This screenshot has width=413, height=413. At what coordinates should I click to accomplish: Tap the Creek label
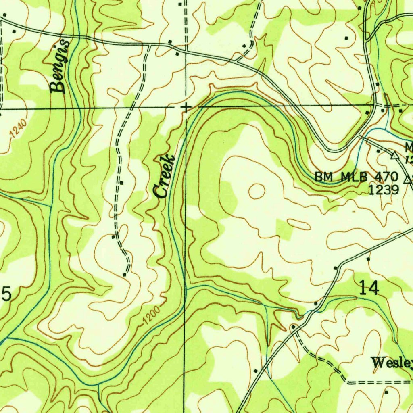click(165, 176)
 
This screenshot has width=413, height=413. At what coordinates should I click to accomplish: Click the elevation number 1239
click(384, 190)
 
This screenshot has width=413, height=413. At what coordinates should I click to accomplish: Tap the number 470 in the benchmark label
click(386, 177)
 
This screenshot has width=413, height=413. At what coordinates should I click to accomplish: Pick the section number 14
click(368, 288)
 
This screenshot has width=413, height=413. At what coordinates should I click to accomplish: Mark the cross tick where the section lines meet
click(186, 107)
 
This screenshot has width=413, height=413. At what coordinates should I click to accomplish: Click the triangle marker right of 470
click(408, 177)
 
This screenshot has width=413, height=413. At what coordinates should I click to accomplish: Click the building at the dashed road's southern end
click(124, 275)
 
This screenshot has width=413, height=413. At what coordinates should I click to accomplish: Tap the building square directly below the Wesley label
click(386, 392)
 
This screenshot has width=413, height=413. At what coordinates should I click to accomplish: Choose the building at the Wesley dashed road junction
click(294, 326)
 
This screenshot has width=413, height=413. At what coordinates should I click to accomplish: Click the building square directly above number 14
click(368, 259)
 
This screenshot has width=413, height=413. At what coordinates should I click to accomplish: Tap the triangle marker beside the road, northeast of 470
click(394, 154)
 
